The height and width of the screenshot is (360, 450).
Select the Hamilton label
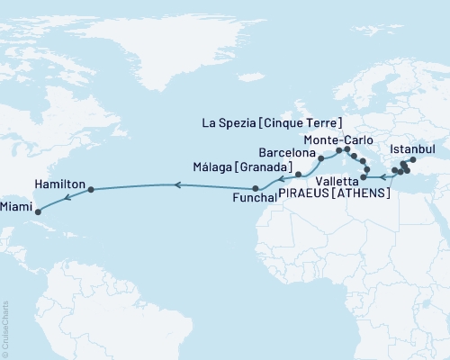[59, 183]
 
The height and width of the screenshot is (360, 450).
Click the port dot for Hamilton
[91, 189]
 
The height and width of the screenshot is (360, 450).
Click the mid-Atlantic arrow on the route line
[176, 185]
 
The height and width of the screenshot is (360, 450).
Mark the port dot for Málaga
[298, 173]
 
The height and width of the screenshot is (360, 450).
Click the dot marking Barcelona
[320, 158]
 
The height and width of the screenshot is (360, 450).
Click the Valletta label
[335, 180]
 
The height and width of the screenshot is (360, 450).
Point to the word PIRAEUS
[304, 193]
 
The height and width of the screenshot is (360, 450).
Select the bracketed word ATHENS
[361, 193]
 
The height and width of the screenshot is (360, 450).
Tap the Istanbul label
[415, 147]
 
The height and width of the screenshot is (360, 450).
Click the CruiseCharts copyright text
[5, 328]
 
